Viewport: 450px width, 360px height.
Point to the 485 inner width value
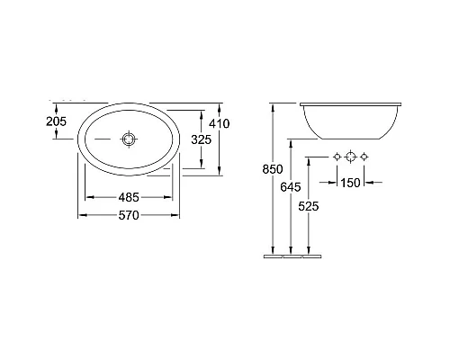pyautogui.click(x=129, y=197)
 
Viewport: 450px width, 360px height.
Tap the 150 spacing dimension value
pyautogui.click(x=351, y=183)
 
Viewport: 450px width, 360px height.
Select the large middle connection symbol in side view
pyautogui.click(x=351, y=157)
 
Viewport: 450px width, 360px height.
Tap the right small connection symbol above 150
pyautogui.click(x=364, y=157)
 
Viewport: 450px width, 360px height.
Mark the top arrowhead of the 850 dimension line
pyautogui.click(x=273, y=105)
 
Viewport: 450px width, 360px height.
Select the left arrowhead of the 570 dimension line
pyautogui.click(x=78, y=216)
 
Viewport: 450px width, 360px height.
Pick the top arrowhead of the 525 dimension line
pyautogui.click(x=309, y=159)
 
